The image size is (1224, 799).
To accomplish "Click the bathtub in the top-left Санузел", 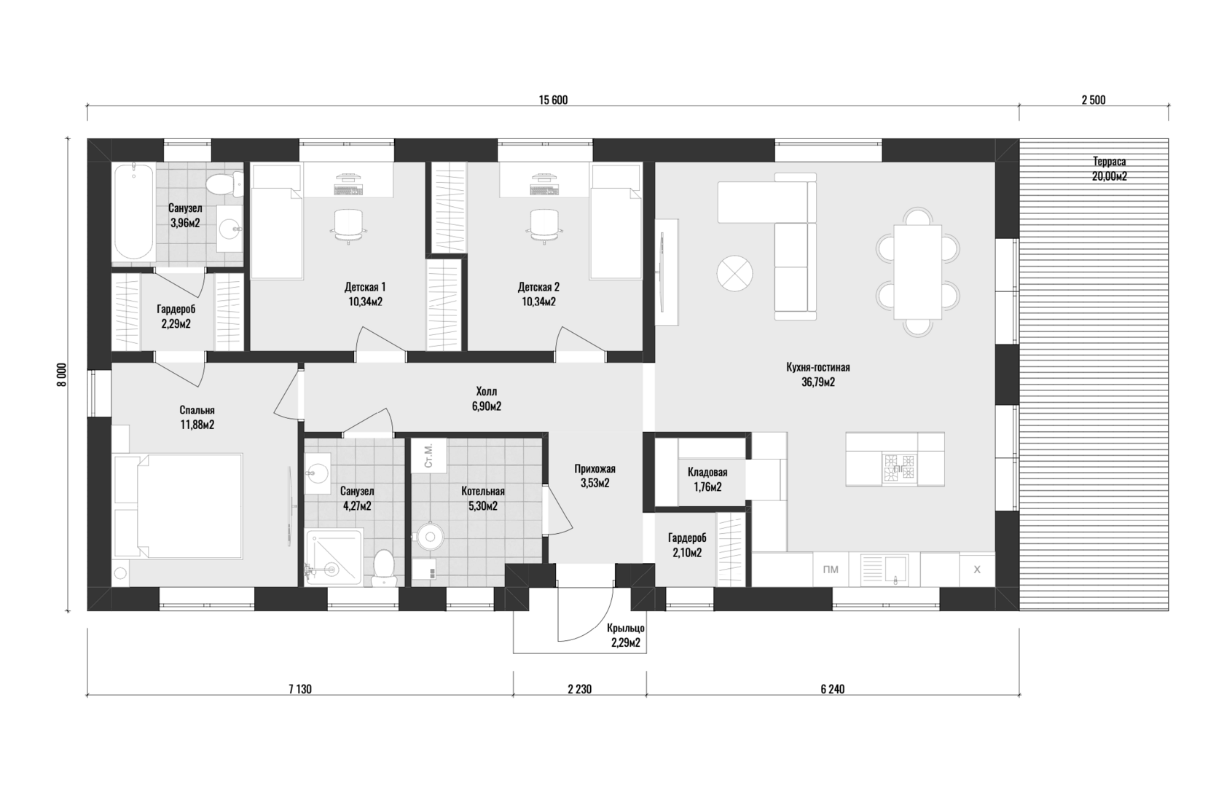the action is click(134, 213).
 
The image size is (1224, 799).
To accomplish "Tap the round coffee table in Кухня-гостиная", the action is click(735, 274).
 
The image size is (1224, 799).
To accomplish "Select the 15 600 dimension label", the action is click(553, 100).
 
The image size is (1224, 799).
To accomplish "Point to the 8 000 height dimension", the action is click(63, 374).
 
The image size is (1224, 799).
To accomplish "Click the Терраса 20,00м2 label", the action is click(1109, 169).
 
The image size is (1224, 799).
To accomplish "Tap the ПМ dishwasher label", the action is click(831, 570).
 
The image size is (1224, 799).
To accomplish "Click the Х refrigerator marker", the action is click(977, 570).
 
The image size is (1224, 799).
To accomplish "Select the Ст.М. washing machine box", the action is click(429, 455).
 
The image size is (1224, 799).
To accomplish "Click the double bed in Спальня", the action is click(178, 505).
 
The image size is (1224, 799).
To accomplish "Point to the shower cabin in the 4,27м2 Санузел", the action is click(334, 556).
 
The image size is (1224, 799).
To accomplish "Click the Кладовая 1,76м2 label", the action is click(707, 479).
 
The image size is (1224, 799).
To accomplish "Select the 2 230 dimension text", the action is click(580, 689).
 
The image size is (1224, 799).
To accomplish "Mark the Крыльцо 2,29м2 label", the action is click(626, 636).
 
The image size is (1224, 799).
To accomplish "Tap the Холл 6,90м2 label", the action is click(487, 398).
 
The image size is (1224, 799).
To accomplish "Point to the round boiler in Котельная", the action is click(431, 536).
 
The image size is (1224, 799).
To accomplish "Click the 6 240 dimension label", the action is click(832, 689).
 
